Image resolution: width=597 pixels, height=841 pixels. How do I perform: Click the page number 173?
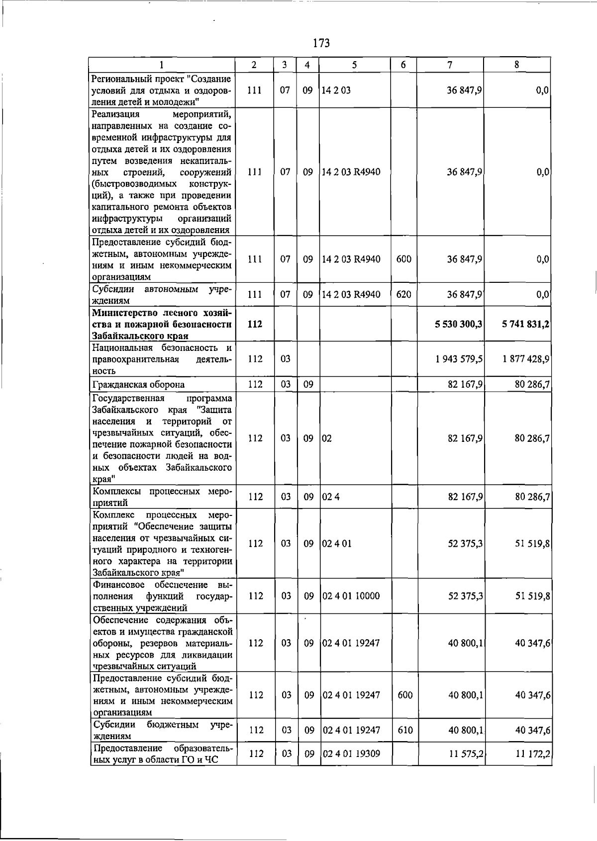point(321,44)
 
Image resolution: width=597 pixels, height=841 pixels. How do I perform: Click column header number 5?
point(354,65)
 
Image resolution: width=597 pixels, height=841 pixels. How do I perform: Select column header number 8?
point(517,65)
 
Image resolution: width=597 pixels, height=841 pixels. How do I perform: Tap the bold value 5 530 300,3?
point(458,324)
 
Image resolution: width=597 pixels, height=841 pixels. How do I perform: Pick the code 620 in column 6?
point(403,295)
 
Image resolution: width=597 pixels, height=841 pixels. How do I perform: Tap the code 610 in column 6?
point(405,730)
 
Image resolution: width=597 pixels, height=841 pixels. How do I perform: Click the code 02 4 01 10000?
point(351,596)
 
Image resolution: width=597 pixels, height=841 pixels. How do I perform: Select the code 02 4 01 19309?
point(351,754)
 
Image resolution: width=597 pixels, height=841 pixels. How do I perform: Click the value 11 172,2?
point(532,754)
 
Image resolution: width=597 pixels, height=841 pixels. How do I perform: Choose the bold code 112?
point(255,324)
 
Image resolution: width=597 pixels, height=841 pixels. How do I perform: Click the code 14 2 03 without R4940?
point(336,90)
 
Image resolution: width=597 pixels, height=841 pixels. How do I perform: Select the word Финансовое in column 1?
point(117,585)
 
